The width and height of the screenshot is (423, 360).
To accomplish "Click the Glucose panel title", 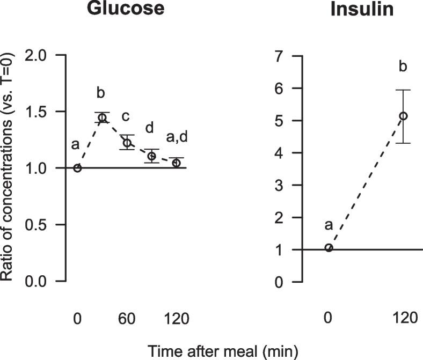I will (x=126, y=9).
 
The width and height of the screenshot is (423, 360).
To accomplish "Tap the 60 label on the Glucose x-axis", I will (x=127, y=319).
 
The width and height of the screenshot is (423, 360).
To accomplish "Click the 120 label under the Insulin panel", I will (x=403, y=319).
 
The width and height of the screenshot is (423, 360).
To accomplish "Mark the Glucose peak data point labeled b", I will (x=102, y=117).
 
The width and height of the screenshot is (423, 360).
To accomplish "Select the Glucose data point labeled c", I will (x=127, y=143).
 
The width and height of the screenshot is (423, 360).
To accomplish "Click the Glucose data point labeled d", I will (x=151, y=156).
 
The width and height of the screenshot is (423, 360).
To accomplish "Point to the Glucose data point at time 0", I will (x=77, y=168).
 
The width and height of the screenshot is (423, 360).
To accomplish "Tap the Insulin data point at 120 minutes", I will (x=403, y=116).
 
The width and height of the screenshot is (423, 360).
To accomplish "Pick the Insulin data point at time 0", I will (x=329, y=247).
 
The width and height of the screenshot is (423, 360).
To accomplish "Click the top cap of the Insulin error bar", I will (x=403, y=90).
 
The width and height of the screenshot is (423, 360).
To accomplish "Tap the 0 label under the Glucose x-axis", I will (x=77, y=319).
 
